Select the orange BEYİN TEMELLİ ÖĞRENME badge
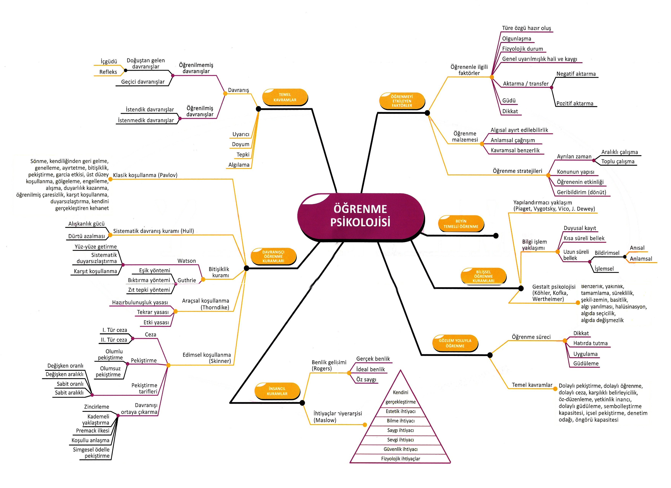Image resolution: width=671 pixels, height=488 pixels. [x=461, y=224]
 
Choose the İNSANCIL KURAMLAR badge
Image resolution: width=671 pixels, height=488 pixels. [x=277, y=391]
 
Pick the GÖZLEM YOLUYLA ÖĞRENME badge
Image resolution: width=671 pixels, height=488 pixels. [x=455, y=343]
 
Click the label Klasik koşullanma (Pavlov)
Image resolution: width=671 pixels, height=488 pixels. [x=145, y=175]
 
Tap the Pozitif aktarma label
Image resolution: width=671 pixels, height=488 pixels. [x=575, y=103]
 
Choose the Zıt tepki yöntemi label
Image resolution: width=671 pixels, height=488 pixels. [x=149, y=290]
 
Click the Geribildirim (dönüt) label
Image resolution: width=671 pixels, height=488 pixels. [x=581, y=192]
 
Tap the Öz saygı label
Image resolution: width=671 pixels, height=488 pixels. [x=366, y=379]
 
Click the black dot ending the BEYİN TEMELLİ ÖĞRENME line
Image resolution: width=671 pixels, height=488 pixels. [x=496, y=236]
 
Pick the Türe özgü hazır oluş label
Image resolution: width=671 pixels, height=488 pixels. [x=526, y=28]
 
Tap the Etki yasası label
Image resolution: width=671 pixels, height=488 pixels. [x=156, y=322]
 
